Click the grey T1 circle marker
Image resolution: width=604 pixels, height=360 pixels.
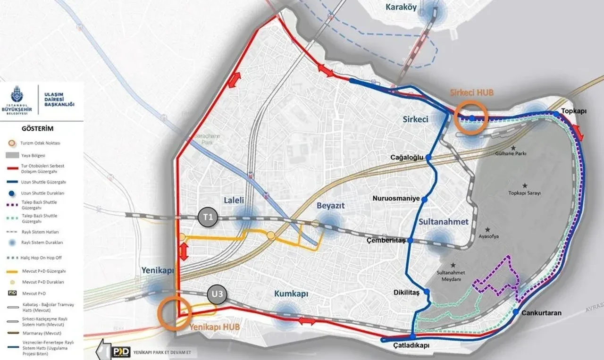coord(208,217)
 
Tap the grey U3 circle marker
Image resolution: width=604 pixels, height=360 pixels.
coord(218,296)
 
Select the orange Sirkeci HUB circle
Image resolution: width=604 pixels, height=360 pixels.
coord(470,117)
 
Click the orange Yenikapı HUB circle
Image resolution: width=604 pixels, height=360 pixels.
coord(175,312)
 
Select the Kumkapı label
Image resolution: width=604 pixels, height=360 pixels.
coord(291,294)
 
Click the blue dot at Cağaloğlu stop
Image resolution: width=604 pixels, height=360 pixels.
coord(428,157)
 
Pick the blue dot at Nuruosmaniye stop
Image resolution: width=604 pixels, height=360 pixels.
coord(424,199)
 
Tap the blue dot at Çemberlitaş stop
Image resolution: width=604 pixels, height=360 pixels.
coord(410,241)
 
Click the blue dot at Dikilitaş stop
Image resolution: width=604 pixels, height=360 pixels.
coord(427,293)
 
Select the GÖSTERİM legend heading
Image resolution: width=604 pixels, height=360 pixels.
coord(37,128)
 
